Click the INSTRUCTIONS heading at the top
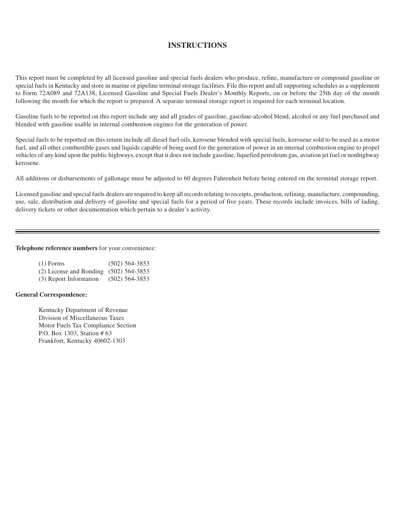point(197,45)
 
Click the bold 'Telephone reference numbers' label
point(57,248)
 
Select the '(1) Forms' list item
point(52,264)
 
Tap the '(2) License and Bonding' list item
point(71,272)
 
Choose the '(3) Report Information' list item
point(69,279)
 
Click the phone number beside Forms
point(128,264)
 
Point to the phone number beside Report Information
point(128,279)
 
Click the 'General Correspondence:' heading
point(51,295)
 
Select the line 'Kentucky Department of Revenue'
point(83,310)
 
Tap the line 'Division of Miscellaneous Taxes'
point(81,318)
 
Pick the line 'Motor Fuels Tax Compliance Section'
point(87,326)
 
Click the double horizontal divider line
point(197,231)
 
